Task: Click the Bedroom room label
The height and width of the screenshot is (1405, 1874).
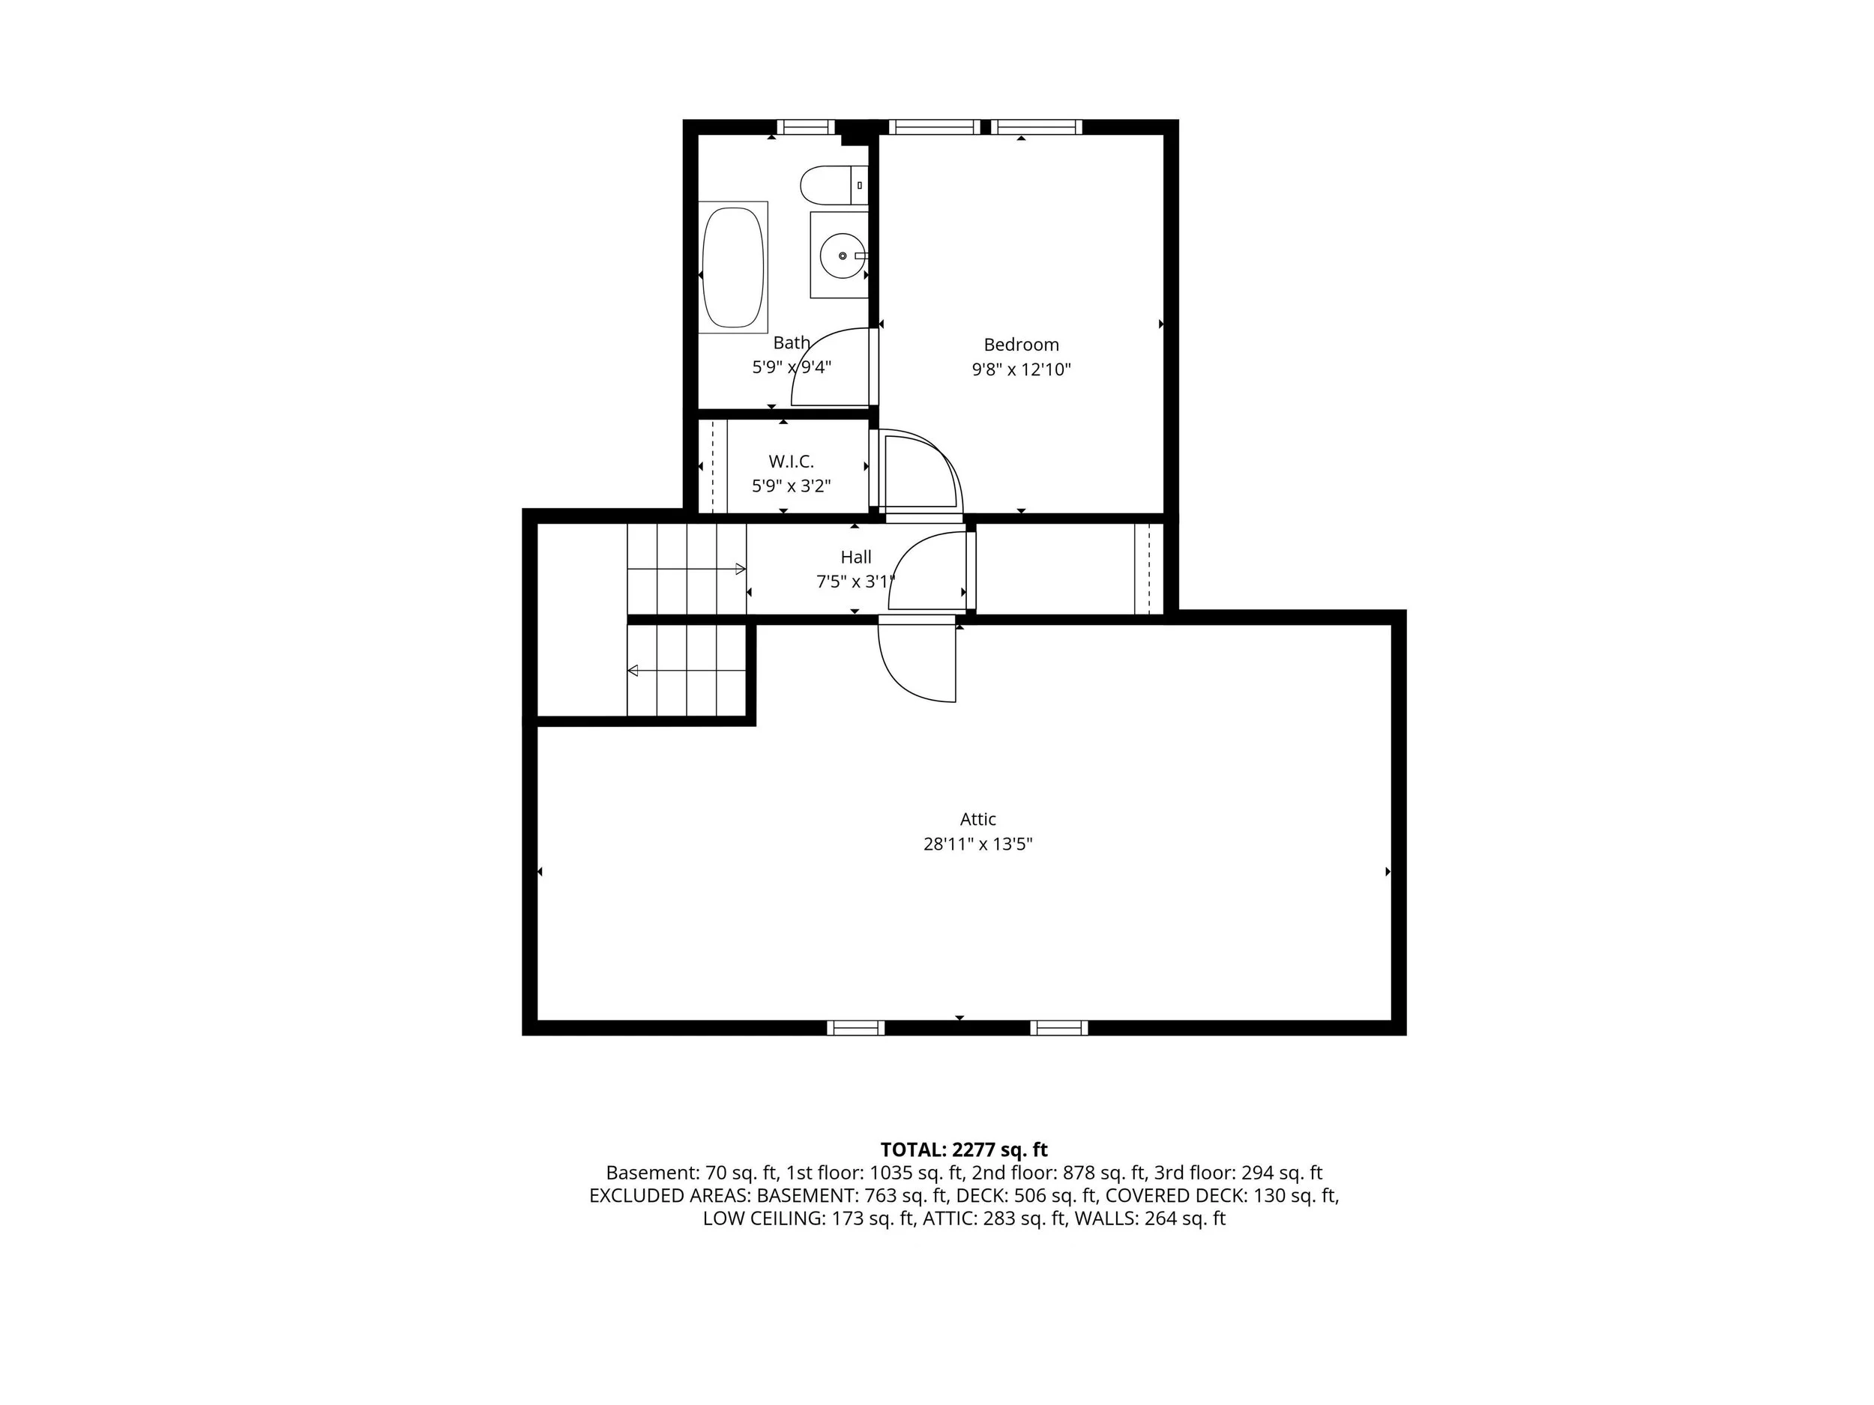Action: [x=1021, y=345]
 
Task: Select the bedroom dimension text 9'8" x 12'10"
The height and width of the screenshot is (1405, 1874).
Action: [x=1021, y=369]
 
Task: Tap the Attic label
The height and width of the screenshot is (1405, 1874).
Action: [x=977, y=819]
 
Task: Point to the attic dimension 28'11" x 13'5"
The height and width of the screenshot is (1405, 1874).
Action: [x=977, y=844]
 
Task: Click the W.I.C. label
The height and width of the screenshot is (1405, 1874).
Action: [x=792, y=462]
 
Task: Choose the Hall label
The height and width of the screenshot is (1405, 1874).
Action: [x=856, y=558]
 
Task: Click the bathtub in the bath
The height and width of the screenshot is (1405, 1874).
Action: [x=733, y=268]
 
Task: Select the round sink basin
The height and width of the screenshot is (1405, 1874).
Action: [x=841, y=255]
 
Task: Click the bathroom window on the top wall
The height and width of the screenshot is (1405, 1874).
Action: [x=806, y=127]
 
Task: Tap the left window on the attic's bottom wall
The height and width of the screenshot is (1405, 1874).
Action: [x=856, y=1027]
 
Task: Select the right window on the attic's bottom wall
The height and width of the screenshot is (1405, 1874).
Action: [x=1059, y=1027]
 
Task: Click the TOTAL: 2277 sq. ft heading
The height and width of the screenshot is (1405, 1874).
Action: [x=964, y=1149]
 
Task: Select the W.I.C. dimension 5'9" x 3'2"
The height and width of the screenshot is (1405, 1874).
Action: [x=792, y=486]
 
